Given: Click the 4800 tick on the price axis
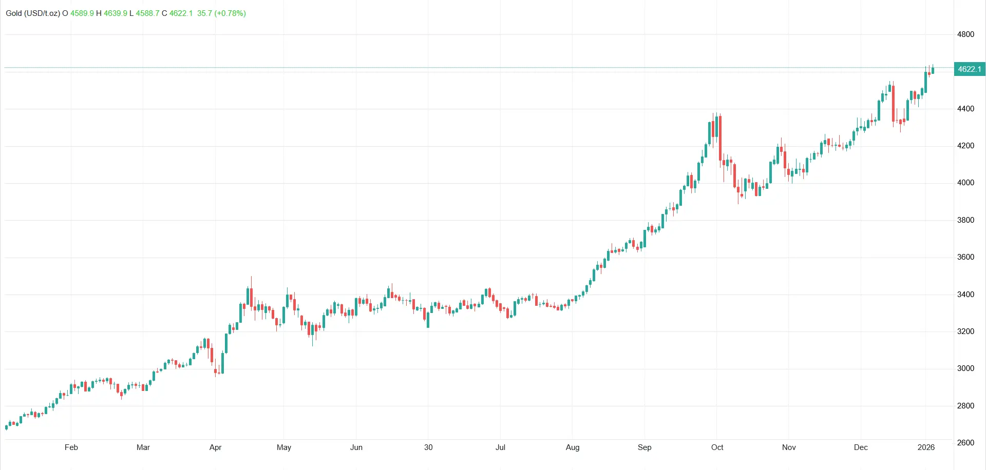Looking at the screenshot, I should tap(965, 34).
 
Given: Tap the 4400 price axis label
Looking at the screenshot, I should tap(965, 109).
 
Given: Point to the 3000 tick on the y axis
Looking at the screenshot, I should tap(965, 368).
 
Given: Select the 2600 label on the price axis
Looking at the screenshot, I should tap(965, 443).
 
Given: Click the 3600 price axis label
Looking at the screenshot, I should tap(965, 257).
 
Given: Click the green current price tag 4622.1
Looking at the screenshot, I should tap(969, 69).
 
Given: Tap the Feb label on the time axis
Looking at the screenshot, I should tap(71, 447).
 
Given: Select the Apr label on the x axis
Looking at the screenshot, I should tap(216, 447).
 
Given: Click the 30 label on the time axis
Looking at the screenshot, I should tap(428, 447).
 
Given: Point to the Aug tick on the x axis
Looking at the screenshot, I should tap(573, 447).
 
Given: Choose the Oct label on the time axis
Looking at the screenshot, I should tap(717, 447).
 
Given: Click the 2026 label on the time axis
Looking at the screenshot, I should tap(926, 447).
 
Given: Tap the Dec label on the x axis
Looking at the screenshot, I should tap(861, 447).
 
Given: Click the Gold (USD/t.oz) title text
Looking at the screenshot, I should tap(33, 13).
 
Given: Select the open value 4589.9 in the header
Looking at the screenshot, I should tap(82, 13).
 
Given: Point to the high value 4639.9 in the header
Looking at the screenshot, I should tap(116, 13).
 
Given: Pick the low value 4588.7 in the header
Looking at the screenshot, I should tap(147, 13).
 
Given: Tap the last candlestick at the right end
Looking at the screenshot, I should tap(933, 70).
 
